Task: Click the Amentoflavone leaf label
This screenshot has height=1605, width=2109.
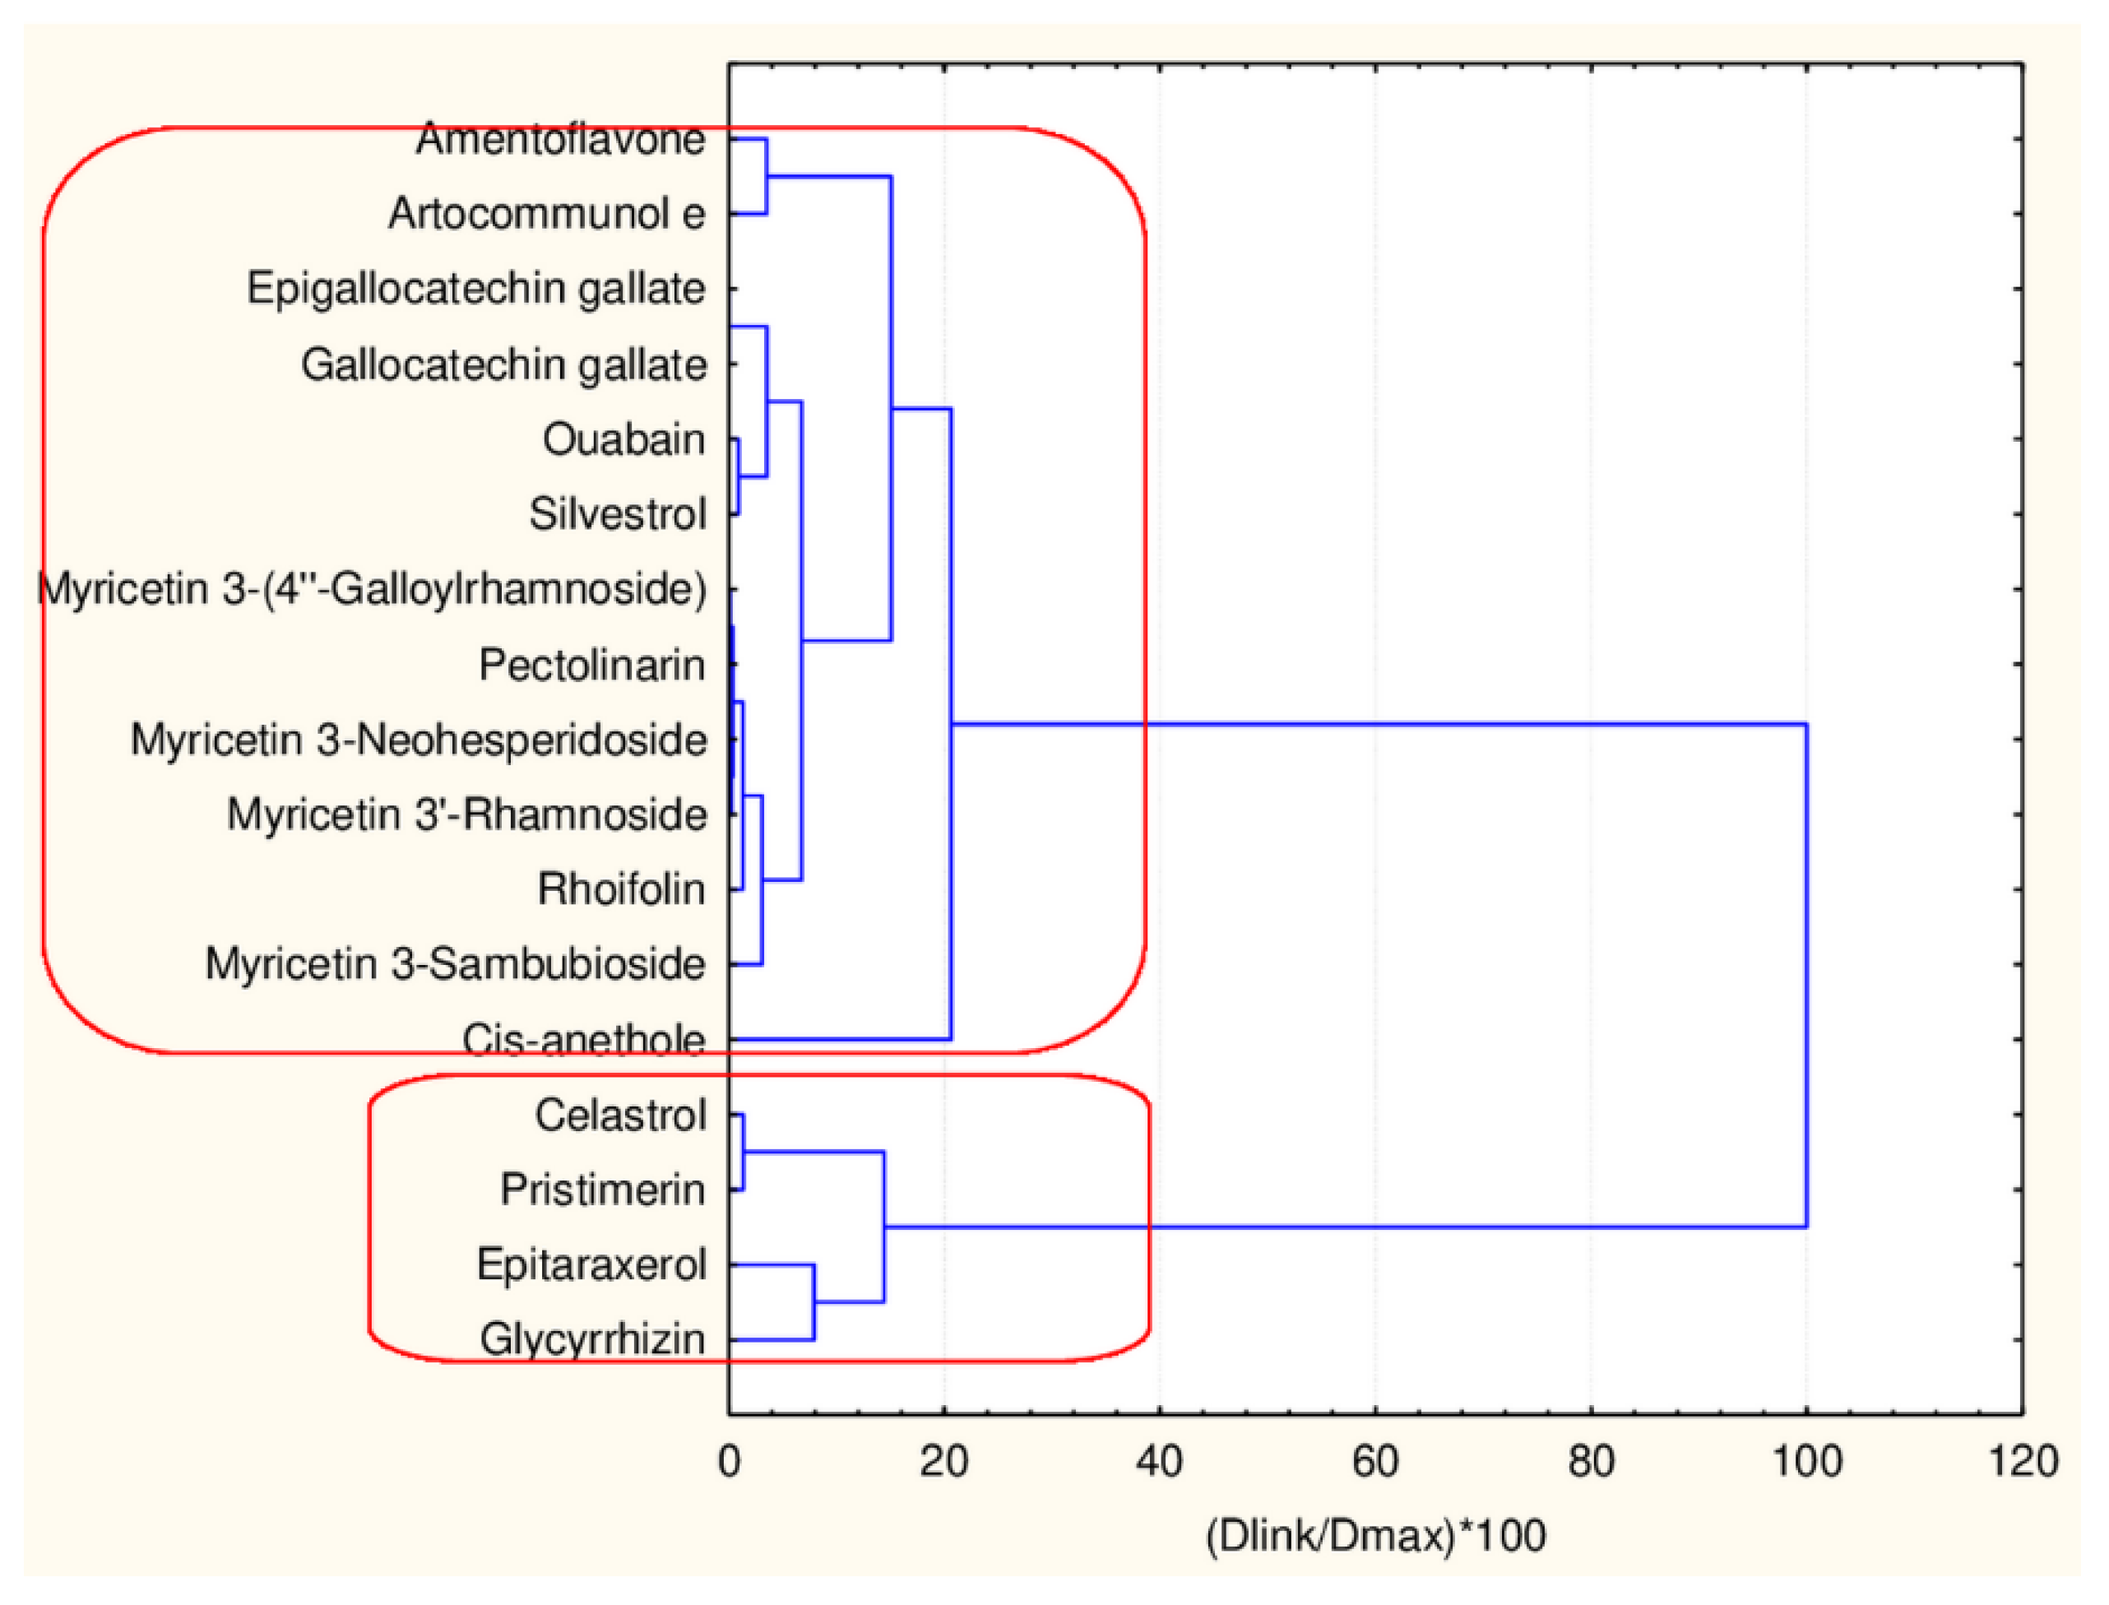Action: (561, 140)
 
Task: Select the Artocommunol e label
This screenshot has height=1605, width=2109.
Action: (546, 214)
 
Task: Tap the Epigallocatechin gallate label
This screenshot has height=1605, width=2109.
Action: (475, 289)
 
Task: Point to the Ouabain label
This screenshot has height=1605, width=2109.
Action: (623, 439)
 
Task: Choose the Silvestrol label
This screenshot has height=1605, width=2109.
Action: (617, 515)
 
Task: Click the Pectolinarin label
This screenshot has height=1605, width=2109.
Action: (591, 665)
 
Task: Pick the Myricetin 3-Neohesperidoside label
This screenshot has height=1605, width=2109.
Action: (419, 740)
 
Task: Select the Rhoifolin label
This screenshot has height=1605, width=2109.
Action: (621, 889)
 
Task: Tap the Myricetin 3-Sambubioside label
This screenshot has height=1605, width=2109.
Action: (455, 964)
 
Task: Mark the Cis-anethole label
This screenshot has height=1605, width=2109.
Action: (584, 1040)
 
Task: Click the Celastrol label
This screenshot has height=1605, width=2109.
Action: (620, 1115)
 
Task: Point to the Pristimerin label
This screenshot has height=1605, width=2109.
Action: (603, 1190)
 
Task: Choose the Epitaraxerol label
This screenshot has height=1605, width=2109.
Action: (591, 1265)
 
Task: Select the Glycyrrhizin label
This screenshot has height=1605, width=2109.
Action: (592, 1339)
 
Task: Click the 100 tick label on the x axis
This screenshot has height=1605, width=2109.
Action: (1806, 1463)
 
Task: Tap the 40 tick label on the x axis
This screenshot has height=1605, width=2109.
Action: (1160, 1463)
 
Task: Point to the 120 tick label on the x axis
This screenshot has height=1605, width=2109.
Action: (2022, 1463)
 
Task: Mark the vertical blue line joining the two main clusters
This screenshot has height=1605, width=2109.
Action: (1806, 975)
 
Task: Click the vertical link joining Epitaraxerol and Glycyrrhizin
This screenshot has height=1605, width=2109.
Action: (813, 1302)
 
